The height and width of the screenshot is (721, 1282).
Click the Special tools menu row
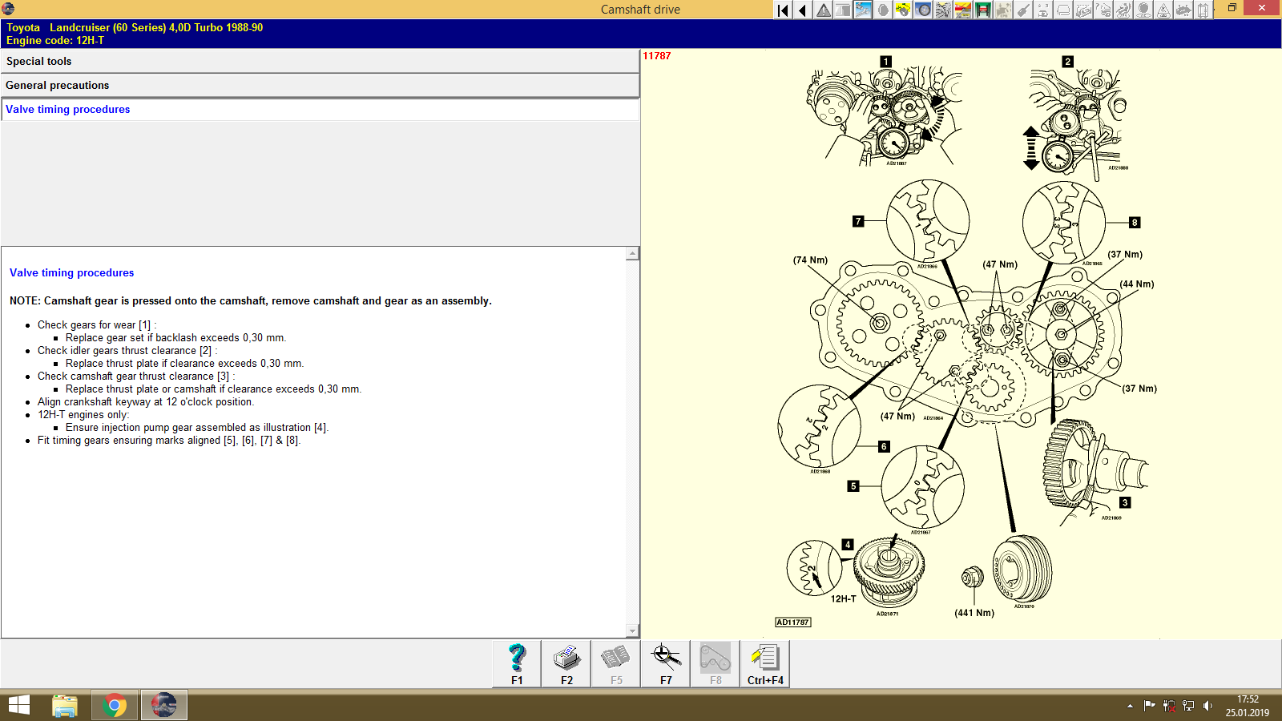(320, 62)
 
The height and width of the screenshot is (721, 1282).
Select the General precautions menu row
(320, 86)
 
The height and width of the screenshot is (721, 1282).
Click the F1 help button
(517, 664)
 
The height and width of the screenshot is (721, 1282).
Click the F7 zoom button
(666, 664)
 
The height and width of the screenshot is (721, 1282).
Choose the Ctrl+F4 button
(765, 664)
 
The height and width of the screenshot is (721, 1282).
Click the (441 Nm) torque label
(974, 613)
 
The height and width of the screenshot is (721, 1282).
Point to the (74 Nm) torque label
(810, 260)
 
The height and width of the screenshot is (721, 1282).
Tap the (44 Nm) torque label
(1136, 284)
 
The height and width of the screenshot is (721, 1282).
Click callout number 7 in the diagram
(858, 221)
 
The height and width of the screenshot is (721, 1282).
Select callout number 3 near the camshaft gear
(1125, 503)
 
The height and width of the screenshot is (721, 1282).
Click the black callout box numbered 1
(885, 62)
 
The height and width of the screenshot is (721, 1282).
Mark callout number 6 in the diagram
(884, 447)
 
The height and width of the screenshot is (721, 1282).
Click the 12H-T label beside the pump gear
(843, 599)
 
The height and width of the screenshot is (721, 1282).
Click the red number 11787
(657, 56)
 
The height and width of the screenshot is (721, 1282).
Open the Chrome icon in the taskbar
(115, 706)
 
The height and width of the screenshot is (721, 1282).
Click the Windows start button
(19, 706)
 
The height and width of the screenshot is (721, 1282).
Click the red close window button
(1262, 8)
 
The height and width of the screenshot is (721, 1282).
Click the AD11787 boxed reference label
(792, 622)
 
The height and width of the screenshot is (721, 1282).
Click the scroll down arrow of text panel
(632, 631)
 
